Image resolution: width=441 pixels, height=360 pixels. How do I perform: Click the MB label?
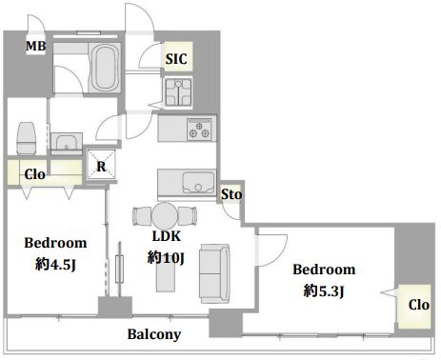tap(35, 46)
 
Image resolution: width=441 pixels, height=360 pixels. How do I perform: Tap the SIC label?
tap(176, 59)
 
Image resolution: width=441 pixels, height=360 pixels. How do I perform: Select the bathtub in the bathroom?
tap(105, 67)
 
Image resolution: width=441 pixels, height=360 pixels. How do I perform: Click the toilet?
tap(27, 138)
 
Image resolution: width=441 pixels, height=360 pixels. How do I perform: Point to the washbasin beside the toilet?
tap(67, 142)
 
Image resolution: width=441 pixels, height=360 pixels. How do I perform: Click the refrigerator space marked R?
tap(101, 166)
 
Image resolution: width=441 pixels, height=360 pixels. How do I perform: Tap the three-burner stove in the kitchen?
tap(199, 130)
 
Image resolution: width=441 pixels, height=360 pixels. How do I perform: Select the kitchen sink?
tap(198, 183)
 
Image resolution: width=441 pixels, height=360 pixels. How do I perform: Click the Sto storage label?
tap(231, 194)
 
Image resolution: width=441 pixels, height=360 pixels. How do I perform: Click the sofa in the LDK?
tap(214, 273)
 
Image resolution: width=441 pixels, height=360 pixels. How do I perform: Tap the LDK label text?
tap(167, 236)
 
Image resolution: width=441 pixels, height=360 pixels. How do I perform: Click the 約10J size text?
tap(166, 257)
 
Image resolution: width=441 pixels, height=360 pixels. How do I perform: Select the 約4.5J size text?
tap(55, 264)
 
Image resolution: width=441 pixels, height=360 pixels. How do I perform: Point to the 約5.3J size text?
tap(324, 290)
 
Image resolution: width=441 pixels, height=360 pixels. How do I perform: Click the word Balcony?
tap(154, 334)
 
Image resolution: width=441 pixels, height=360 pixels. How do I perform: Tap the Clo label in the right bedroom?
tap(419, 305)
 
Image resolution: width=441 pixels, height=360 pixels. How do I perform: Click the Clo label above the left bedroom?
tap(34, 174)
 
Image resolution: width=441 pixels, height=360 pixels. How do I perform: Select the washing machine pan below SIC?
tap(178, 92)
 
